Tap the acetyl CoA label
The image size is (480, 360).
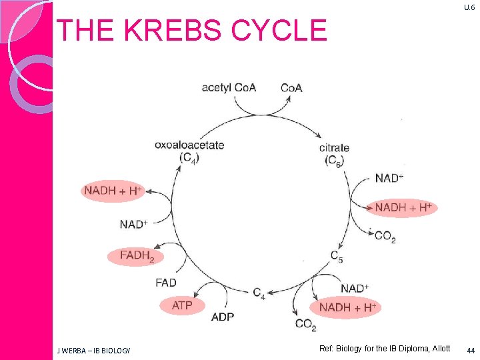(229, 88)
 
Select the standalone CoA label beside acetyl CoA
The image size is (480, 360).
(291, 88)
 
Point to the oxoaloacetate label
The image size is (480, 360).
(189, 145)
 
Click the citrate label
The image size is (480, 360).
(333, 147)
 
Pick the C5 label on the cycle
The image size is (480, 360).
(337, 256)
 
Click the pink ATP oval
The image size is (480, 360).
(182, 305)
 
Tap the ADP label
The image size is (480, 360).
(222, 317)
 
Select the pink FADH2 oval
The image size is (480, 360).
(136, 255)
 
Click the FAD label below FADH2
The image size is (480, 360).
(166, 283)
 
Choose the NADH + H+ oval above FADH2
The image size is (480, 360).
(113, 191)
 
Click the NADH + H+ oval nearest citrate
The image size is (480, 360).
(403, 207)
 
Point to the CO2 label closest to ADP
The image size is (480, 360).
(305, 325)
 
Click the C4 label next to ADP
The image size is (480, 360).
(259, 293)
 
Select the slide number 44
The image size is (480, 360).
(471, 350)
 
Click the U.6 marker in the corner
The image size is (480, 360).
(469, 7)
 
